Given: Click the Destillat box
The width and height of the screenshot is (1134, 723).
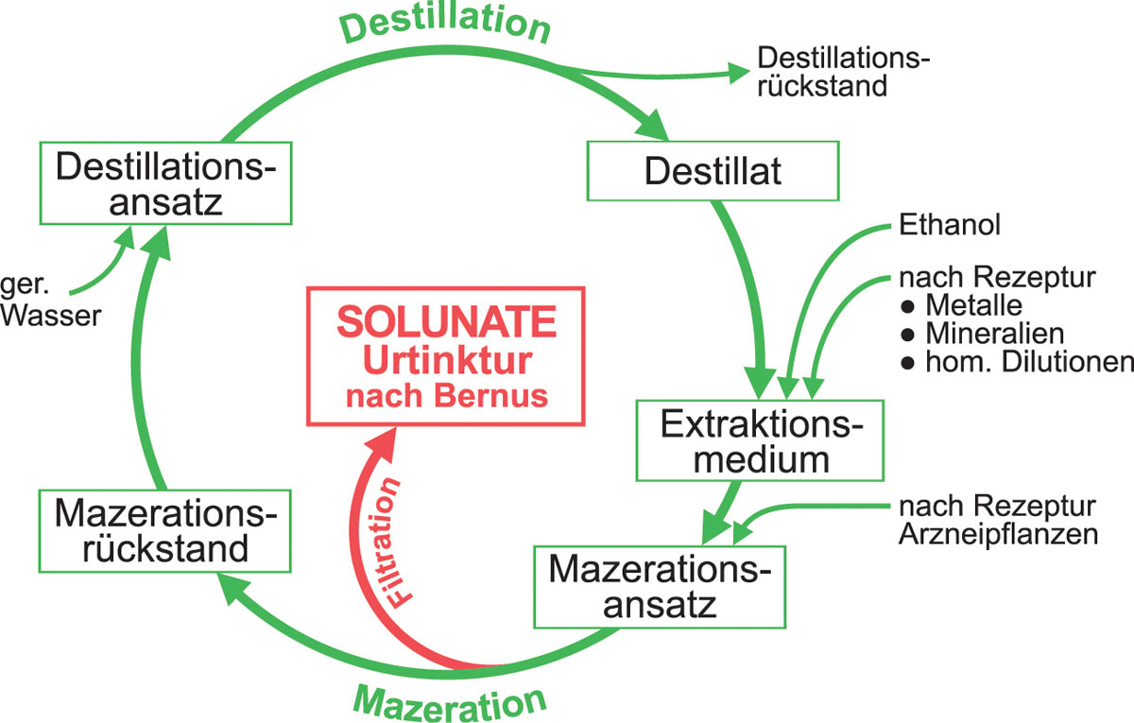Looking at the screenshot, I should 713,171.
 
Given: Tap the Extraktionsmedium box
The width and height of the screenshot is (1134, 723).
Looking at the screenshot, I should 760,441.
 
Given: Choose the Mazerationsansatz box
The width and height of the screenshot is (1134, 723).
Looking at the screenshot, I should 660,586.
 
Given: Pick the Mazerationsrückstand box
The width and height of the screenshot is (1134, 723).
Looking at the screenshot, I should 164,531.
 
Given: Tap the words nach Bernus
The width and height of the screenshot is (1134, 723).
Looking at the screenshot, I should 446,395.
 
